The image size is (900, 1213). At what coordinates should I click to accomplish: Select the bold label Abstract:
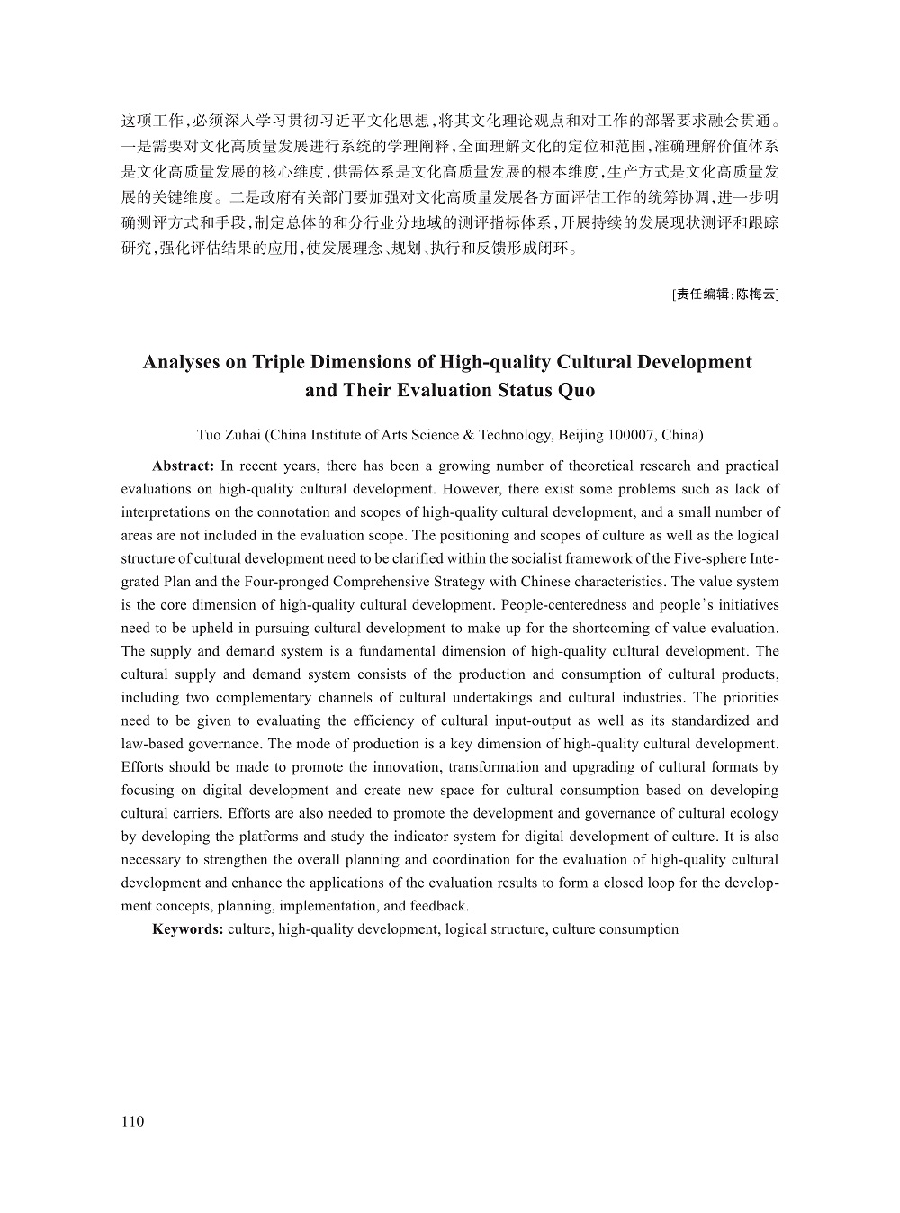(183, 466)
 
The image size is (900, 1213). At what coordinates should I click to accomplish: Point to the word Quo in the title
(577, 390)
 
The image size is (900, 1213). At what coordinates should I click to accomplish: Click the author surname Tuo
(209, 435)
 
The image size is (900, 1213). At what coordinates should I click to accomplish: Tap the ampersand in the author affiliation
(468, 435)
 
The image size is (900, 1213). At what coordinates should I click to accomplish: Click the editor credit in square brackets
(725, 293)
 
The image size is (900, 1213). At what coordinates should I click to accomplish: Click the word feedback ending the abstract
(438, 906)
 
